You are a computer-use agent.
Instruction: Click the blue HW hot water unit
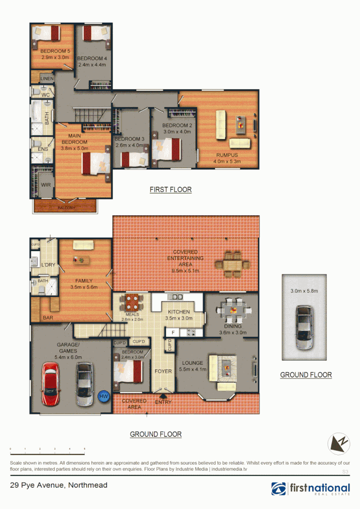[x=104, y=397]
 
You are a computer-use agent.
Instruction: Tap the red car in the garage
[x=50, y=384]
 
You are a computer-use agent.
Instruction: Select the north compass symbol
[x=339, y=443]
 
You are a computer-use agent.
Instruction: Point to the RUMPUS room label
[x=227, y=155]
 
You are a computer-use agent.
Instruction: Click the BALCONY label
[x=66, y=208]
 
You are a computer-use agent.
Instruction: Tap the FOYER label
[x=163, y=371]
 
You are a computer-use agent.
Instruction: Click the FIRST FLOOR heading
[x=171, y=189]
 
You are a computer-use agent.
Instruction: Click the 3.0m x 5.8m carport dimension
[x=304, y=291]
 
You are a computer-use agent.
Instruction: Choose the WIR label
[x=46, y=185]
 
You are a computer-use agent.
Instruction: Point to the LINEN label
[x=47, y=79]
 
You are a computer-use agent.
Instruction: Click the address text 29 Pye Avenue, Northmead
[x=59, y=485]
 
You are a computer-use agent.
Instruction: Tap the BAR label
[x=48, y=318]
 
